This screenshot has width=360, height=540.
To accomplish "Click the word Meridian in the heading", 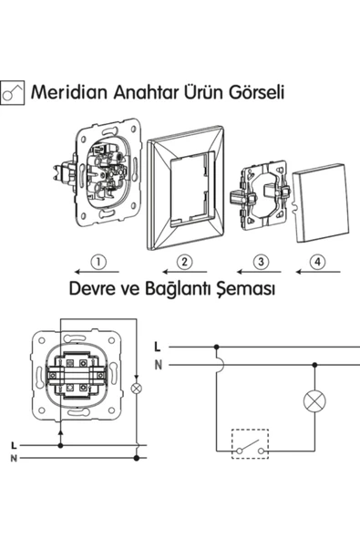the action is click(x=70, y=92).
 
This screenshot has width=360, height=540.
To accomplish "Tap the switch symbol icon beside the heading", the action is click(x=13, y=93).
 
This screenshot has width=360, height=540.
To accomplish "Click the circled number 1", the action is click(x=98, y=262).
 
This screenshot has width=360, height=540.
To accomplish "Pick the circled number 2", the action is click(x=184, y=262).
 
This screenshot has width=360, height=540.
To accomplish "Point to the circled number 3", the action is click(x=261, y=262).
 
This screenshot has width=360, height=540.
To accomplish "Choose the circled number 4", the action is click(x=317, y=262).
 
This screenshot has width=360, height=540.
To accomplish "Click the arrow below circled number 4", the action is click(x=318, y=272).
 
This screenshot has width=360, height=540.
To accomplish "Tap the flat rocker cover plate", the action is click(x=321, y=203).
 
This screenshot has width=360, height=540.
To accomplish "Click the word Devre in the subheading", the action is click(x=91, y=288).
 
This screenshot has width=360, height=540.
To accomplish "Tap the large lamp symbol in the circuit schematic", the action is click(x=314, y=400).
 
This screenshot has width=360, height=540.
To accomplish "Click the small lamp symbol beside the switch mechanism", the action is click(x=137, y=389).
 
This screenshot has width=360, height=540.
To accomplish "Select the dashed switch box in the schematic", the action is click(x=251, y=444).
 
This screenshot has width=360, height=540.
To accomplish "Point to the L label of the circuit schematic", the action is click(x=158, y=347).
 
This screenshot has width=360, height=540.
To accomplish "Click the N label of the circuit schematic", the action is click(x=159, y=365).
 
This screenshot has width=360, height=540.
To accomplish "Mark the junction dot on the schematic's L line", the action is click(x=217, y=347).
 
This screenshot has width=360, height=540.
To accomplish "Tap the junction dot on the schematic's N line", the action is click(x=314, y=365).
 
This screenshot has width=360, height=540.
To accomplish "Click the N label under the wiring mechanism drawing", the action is click(x=14, y=459).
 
